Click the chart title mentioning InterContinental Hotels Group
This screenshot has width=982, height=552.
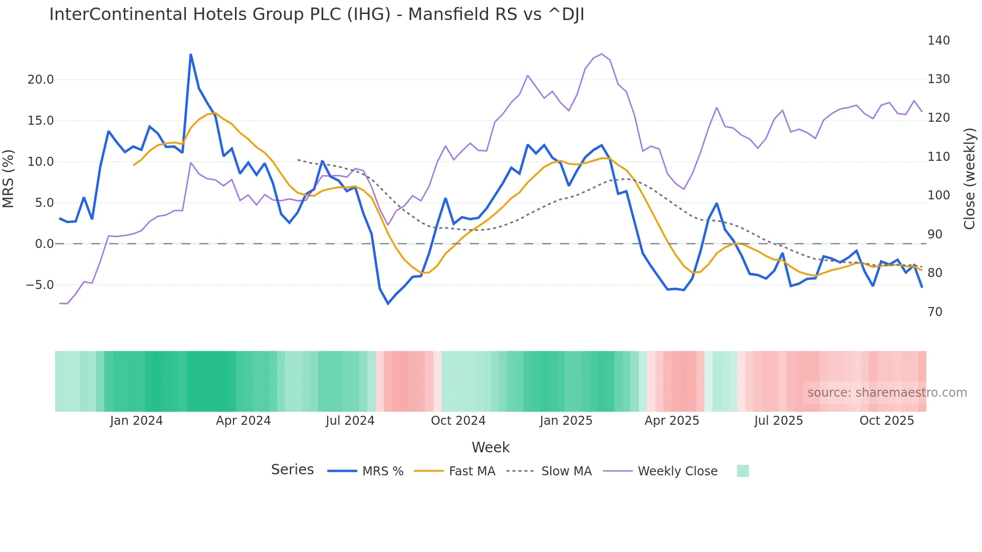317,15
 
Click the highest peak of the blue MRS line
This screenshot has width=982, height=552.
191,55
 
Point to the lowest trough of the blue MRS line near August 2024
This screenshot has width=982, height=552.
388,304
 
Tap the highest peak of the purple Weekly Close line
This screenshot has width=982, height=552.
602,54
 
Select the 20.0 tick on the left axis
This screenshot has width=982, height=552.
40,80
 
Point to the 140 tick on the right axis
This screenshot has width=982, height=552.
938,41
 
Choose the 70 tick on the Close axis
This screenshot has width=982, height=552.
934,312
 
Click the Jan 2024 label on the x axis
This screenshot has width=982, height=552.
136,421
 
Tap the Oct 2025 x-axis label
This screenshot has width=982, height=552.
887,421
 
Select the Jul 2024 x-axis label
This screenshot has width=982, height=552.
350,421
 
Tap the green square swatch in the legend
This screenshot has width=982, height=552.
743,471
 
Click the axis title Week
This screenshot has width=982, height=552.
490,447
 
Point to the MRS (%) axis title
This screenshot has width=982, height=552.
9,179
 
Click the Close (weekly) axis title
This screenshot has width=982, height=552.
970,179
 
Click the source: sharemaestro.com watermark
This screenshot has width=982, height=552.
887,393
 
